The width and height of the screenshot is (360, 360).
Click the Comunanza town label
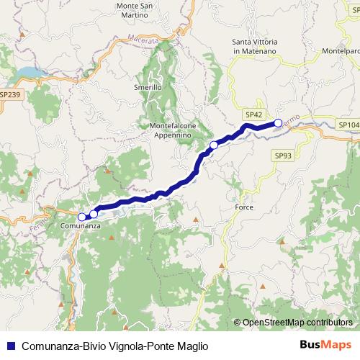tap(79, 226)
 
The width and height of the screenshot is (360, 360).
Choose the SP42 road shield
tap(253, 114)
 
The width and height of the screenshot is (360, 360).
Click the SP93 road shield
tap(282, 155)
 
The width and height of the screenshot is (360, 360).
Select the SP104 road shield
tap(348, 125)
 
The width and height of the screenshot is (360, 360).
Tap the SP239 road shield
tap(10, 94)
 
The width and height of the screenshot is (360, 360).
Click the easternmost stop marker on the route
tap(278, 123)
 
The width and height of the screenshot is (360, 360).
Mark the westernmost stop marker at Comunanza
tap(82, 216)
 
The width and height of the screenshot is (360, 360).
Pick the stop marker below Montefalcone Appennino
tap(213, 145)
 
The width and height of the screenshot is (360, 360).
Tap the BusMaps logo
tap(326, 345)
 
